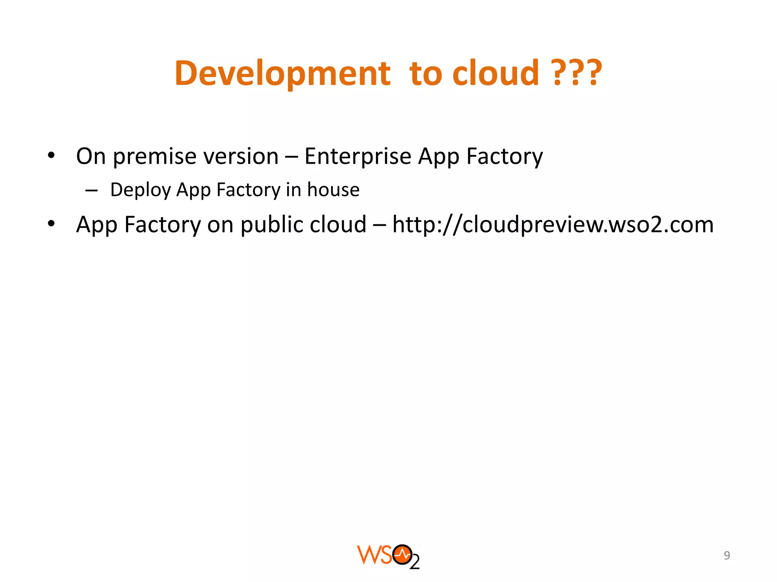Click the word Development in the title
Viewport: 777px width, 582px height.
pos(282,73)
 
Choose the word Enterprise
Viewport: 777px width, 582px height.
pos(358,156)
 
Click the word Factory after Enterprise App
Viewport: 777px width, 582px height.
pos(505,156)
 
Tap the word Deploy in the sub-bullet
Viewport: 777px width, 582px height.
pos(140,190)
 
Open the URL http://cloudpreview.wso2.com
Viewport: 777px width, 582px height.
pos(553,224)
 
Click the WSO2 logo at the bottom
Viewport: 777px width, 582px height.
pos(388,556)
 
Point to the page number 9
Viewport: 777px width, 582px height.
pos(727,555)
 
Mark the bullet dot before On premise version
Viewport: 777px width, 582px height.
pos(51,155)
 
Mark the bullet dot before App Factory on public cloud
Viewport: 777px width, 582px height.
pos(51,224)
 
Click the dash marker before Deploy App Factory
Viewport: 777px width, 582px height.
pos(91,191)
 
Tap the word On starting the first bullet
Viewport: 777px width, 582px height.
pos(91,156)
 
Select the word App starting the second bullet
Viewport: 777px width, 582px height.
pos(96,225)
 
